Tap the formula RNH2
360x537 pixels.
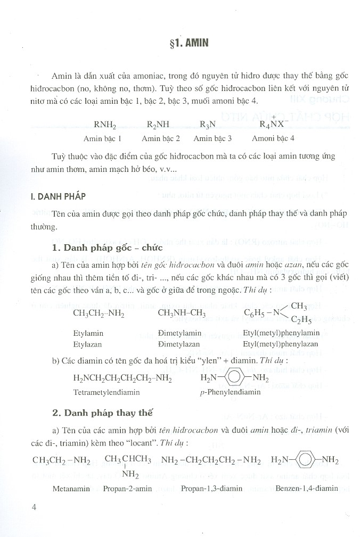[105, 125]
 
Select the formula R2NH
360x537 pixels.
[158, 125]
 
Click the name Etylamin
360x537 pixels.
[88, 334]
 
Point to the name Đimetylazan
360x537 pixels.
[180, 344]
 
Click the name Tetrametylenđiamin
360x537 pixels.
[107, 392]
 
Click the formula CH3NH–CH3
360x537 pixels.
[182, 313]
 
